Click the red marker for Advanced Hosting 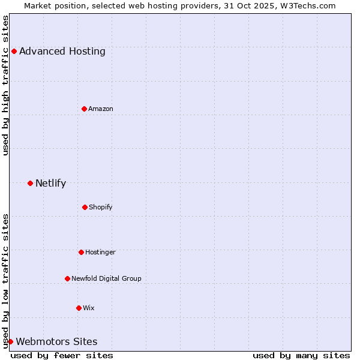click(14, 51)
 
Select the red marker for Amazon click(84, 109)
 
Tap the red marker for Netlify click(30, 183)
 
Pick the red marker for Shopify click(85, 207)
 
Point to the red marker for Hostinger click(81, 252)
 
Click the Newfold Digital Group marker click(67, 278)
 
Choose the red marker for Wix click(79, 308)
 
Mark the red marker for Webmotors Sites click(10, 341)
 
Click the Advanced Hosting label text click(62, 51)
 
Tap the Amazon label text click(101, 109)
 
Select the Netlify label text click(50, 183)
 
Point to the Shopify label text click(101, 207)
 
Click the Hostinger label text click(100, 252)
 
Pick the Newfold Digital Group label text click(106, 278)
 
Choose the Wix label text click(89, 308)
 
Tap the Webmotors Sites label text click(56, 341)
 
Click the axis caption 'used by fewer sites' click(62, 355)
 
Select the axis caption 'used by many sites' click(301, 355)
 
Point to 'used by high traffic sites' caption click(5, 85)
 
